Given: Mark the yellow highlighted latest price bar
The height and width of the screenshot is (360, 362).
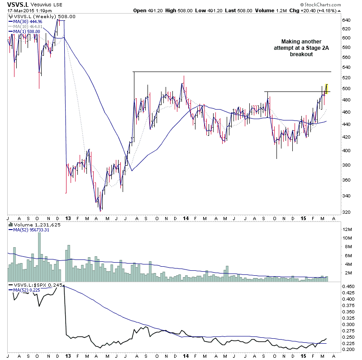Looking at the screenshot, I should click(327, 88).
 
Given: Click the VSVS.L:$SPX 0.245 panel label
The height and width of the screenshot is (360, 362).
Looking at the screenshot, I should click(31, 285).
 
